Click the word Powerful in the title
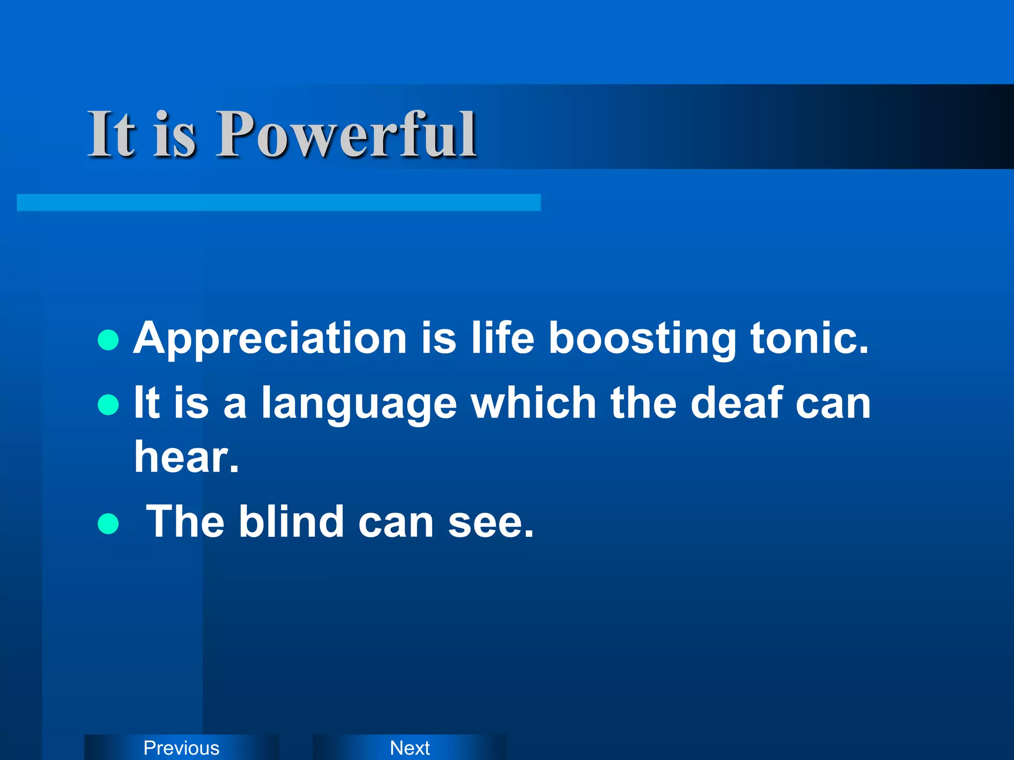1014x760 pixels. coord(347,135)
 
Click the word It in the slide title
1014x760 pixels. coord(111,135)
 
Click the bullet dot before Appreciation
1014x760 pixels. coord(108,340)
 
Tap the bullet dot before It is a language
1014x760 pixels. coord(108,404)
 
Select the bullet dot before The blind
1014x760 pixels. coord(108,524)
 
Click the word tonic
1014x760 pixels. coord(809,339)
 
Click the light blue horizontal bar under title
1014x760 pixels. coord(278,202)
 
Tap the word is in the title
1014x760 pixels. coord(174,135)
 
